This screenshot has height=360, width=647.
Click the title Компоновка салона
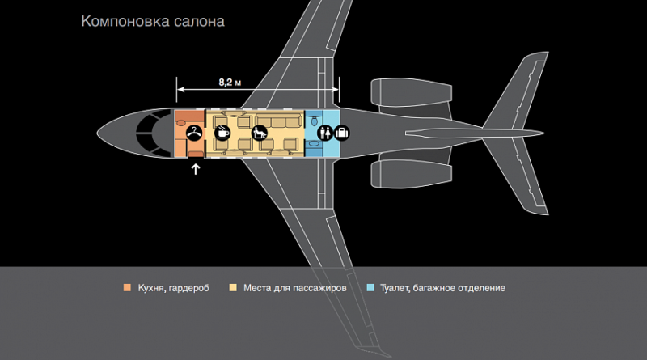[x=153, y=22]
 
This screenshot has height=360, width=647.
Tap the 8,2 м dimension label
[x=230, y=83]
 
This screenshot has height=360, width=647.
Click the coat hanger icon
[x=194, y=133]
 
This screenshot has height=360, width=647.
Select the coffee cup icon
[x=222, y=133]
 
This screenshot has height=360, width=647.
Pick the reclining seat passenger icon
[x=260, y=133]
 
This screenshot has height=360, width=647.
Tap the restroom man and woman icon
[x=325, y=133]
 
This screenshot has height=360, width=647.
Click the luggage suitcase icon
[x=341, y=133]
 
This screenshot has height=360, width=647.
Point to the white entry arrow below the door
[x=196, y=169]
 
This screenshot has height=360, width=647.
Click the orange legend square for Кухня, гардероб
[x=127, y=288]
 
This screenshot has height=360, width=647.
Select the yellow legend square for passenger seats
[x=233, y=288]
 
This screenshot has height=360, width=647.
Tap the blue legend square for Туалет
[x=370, y=288]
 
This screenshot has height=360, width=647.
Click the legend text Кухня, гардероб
[x=173, y=288]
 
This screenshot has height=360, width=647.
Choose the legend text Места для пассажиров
[x=295, y=288]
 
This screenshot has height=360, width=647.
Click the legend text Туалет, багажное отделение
[x=442, y=288]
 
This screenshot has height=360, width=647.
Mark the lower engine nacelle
[x=411, y=173]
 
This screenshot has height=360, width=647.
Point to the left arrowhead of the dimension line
[x=180, y=89]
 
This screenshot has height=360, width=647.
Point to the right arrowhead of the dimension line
[x=335, y=89]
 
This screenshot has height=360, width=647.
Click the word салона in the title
[x=199, y=22]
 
